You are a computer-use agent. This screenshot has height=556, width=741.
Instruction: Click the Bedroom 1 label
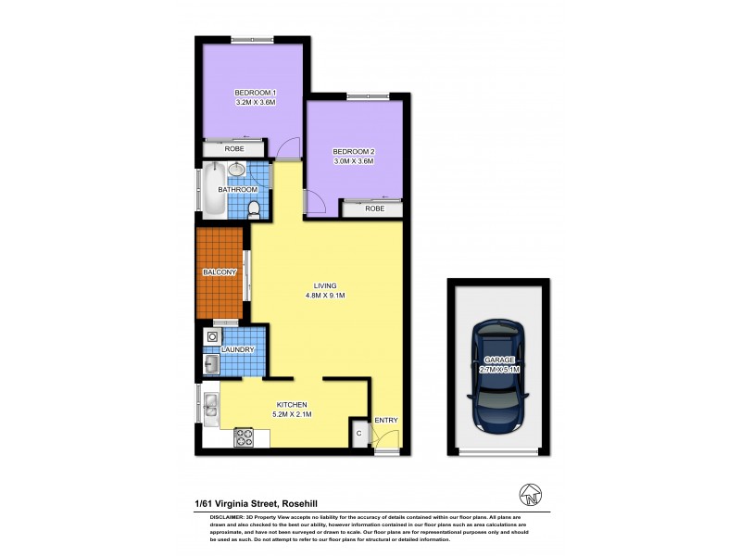256,93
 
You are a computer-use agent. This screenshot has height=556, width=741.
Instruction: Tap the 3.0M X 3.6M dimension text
352,161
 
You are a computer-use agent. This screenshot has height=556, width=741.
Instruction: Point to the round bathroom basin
237,170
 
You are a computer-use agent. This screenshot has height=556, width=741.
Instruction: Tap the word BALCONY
220,272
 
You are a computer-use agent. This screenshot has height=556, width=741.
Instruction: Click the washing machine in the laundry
212,337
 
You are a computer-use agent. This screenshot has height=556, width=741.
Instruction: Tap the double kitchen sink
209,405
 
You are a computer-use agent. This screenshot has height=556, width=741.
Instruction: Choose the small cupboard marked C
358,434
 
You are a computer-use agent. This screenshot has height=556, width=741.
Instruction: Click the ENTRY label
385,421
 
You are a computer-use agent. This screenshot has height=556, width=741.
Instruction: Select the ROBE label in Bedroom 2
374,208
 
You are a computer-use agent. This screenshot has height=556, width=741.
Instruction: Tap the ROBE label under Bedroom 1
234,148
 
